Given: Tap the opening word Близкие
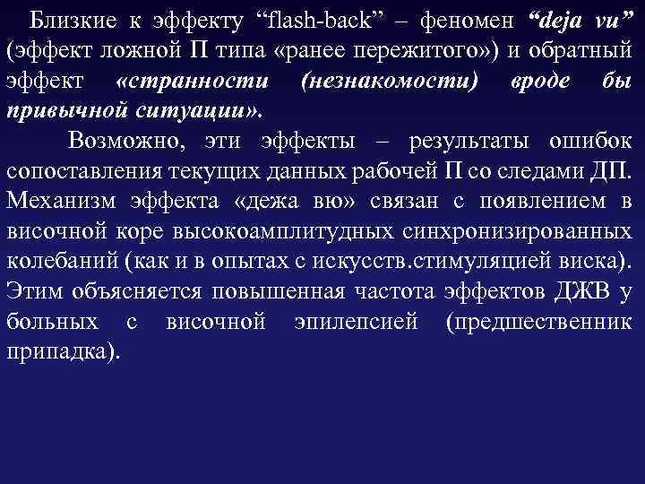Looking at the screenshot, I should coord(64,19).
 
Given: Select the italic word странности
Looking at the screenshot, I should coord(192,80).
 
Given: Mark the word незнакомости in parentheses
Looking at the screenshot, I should coord(390,80).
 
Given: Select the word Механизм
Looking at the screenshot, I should coord(59,202).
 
